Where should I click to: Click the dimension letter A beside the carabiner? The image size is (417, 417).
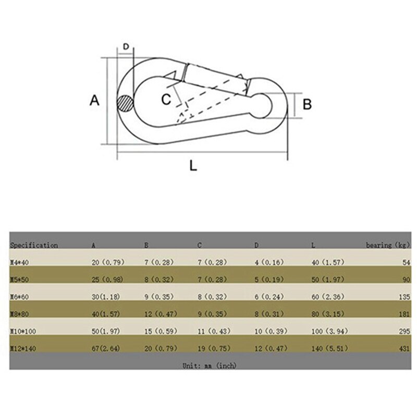coord(94,100)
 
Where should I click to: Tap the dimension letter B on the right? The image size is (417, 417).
coord(308,104)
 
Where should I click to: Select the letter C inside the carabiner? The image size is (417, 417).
coord(166,99)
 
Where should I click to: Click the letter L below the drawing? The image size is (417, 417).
coord(193,166)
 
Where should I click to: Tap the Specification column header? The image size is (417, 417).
coord(34,245)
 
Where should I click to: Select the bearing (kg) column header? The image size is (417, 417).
coord(386,245)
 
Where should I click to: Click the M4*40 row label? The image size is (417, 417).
coord(21,262)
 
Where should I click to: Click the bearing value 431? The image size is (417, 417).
coord(400,348)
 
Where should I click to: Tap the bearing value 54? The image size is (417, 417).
coord(402,262)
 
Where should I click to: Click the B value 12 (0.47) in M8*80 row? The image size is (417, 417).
coord(160,314)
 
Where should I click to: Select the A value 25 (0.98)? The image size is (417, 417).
coord(107,279)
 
